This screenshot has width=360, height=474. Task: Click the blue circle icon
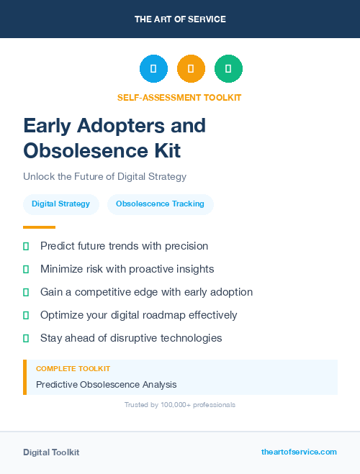click(153, 69)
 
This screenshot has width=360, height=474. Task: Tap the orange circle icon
click(191, 69)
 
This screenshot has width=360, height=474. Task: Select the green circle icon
click(228, 69)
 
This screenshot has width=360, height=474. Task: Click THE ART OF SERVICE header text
click(180, 19)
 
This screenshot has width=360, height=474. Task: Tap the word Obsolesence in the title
click(84, 150)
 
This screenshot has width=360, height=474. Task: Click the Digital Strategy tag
click(61, 204)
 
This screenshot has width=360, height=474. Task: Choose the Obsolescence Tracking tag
click(160, 204)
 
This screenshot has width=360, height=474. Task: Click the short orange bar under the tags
click(39, 227)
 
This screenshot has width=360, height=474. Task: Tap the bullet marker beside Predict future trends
click(26, 246)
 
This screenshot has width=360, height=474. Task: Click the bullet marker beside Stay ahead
click(26, 338)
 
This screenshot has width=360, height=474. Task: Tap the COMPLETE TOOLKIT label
click(73, 369)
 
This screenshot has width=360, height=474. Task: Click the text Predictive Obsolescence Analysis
click(106, 384)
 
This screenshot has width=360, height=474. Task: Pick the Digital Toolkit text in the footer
click(51, 452)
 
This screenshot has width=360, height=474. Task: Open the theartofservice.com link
click(299, 452)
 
